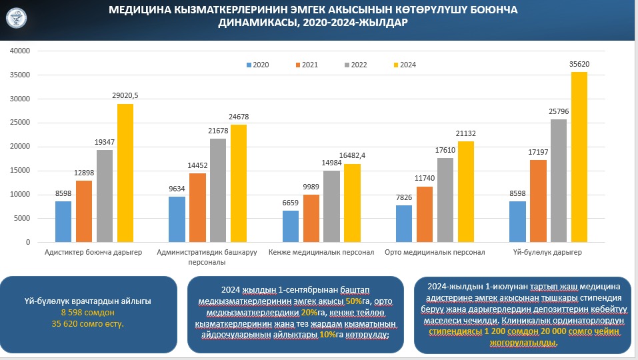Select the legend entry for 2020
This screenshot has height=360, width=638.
tap(257, 65)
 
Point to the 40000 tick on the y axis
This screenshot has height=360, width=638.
tap(21, 51)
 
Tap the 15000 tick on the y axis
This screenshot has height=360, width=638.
tap(21, 171)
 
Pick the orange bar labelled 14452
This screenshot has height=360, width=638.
tap(197, 207)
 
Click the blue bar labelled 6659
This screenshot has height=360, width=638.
tap(290, 226)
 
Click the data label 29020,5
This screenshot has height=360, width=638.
tap(125, 96)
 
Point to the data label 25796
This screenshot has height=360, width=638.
tap(558, 111)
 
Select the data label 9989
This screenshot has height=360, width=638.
tap(311, 187)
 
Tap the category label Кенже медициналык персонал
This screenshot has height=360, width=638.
tap(321, 253)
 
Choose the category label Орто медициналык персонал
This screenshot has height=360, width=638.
tap(435, 253)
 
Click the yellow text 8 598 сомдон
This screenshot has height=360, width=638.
tap(87, 312)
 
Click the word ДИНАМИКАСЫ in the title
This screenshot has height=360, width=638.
tap(257, 23)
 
